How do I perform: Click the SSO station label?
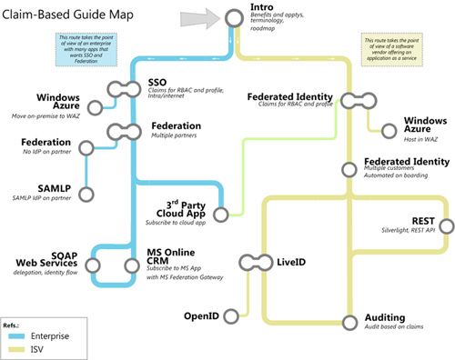157,83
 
